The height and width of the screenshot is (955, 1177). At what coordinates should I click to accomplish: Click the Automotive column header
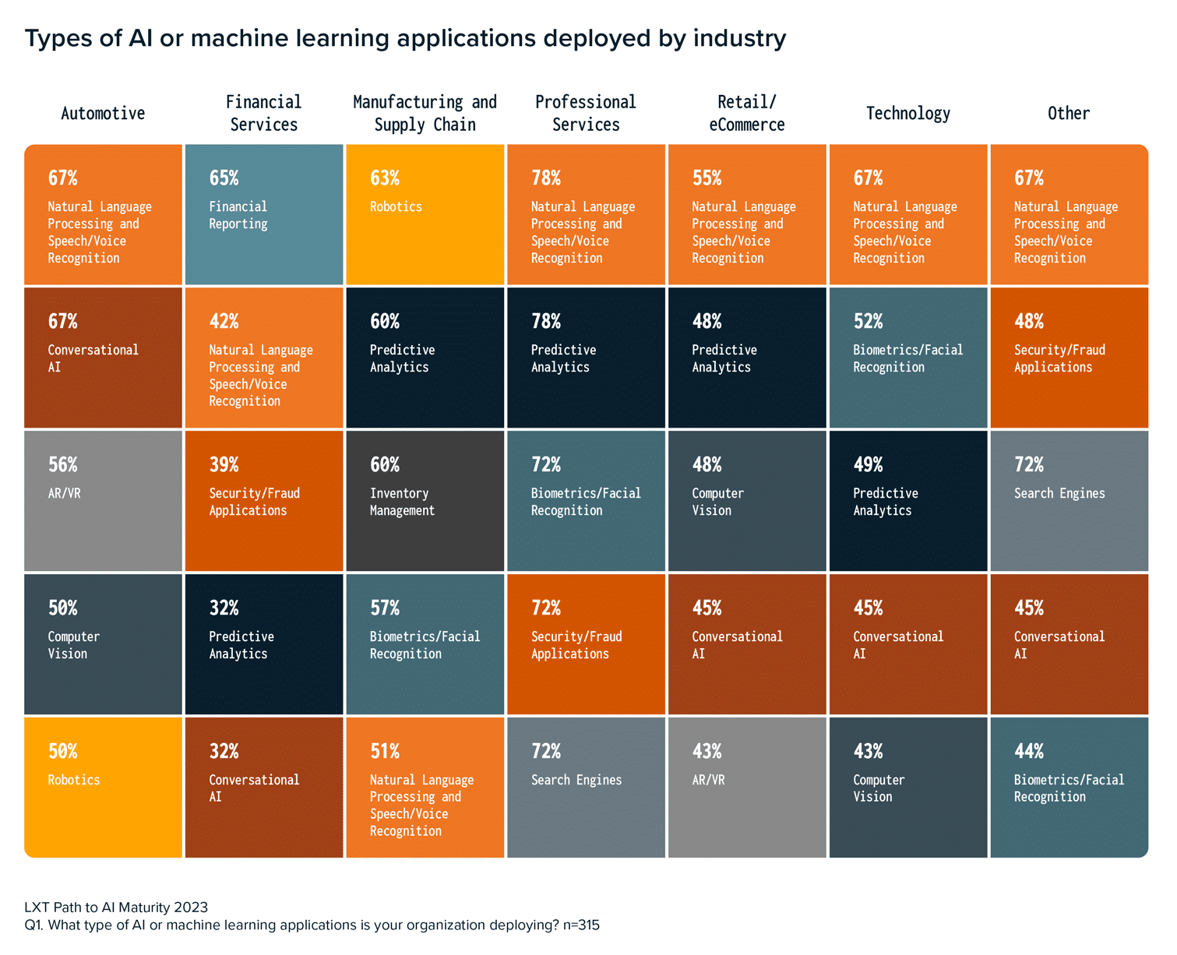click(x=103, y=114)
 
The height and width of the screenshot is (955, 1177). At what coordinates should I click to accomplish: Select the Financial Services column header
click(x=263, y=114)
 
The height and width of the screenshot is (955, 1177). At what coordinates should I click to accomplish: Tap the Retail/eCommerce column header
click(x=746, y=114)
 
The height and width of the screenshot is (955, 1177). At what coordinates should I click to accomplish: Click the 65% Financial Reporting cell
click(x=264, y=215)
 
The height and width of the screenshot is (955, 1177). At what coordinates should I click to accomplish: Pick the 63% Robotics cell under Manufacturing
click(x=425, y=215)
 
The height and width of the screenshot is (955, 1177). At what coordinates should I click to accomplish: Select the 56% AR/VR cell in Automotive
click(x=103, y=501)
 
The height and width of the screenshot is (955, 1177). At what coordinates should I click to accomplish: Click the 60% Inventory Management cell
click(x=425, y=501)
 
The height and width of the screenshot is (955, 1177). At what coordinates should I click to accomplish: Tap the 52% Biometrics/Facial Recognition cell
click(x=908, y=358)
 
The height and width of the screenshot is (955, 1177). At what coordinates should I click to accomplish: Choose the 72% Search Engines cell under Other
click(x=1069, y=501)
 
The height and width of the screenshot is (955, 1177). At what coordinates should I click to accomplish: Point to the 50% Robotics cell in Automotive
click(x=103, y=787)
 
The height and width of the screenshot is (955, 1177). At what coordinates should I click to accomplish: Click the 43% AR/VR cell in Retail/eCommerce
click(x=746, y=787)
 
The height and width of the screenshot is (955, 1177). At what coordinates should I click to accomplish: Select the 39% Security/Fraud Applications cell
click(x=264, y=501)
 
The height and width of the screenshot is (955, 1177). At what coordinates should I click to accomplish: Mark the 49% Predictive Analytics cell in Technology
click(x=908, y=501)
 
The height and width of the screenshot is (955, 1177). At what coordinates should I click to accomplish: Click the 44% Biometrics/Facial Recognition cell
click(x=1069, y=787)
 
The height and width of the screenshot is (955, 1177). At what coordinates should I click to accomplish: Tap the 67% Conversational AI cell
click(x=103, y=358)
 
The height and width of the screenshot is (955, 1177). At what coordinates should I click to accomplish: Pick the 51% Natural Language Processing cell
click(x=425, y=787)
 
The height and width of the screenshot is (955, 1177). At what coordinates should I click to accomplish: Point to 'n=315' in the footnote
click(x=581, y=925)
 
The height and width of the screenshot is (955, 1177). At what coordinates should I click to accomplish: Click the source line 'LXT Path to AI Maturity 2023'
click(x=116, y=907)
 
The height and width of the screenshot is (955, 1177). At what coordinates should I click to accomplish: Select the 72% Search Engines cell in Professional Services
click(x=586, y=787)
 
